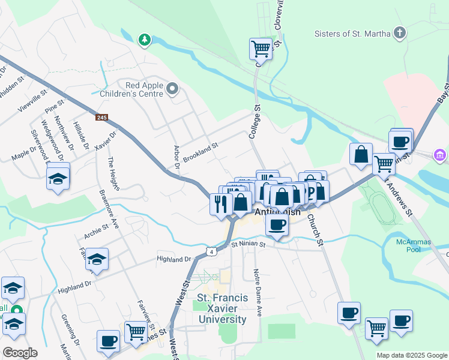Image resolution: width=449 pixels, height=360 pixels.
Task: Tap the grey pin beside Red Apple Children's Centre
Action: click(x=173, y=90)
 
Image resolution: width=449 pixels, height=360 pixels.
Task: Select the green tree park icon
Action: click(x=144, y=40)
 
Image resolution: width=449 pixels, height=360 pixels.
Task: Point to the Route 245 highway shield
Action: click(x=101, y=118)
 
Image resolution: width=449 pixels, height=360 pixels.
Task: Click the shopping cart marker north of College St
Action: click(x=261, y=48)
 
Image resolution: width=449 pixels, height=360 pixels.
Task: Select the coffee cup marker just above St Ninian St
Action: click(x=277, y=224)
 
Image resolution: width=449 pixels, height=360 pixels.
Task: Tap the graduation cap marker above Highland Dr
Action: click(x=97, y=259)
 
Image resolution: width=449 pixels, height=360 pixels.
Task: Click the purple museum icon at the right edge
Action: click(x=441, y=156)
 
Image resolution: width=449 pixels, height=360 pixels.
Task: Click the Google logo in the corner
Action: click(x=20, y=352)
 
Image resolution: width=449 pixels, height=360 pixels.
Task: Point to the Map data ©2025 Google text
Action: click(x=412, y=355)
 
